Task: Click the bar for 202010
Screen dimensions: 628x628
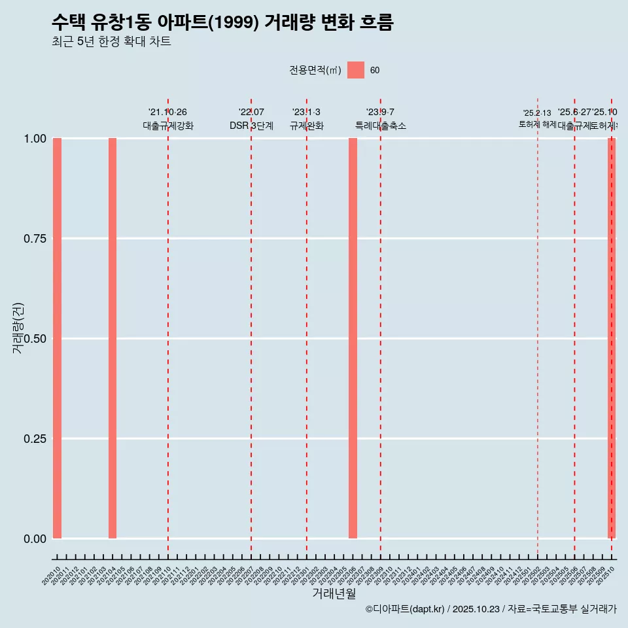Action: (57, 338)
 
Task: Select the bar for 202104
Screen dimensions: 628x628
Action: (113, 338)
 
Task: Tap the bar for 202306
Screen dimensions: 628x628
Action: (353, 338)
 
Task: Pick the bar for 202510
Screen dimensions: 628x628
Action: (612, 338)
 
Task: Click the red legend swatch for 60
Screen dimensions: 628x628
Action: (355, 70)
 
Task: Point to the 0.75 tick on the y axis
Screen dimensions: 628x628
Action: (35, 239)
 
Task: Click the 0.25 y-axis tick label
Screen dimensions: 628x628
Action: (35, 438)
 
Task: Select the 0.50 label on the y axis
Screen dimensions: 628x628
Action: (35, 338)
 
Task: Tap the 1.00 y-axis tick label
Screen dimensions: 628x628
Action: (35, 139)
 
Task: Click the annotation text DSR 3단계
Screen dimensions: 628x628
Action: (251, 126)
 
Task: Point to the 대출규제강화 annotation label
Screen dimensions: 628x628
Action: (168, 126)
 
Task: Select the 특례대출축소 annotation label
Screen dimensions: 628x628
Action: (380, 126)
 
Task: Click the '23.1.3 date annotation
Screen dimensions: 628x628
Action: (306, 113)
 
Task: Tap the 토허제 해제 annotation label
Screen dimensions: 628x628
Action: (537, 124)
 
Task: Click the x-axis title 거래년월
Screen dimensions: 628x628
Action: (334, 593)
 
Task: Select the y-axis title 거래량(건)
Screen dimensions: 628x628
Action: (18, 328)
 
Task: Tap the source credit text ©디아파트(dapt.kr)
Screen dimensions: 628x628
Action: (406, 609)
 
